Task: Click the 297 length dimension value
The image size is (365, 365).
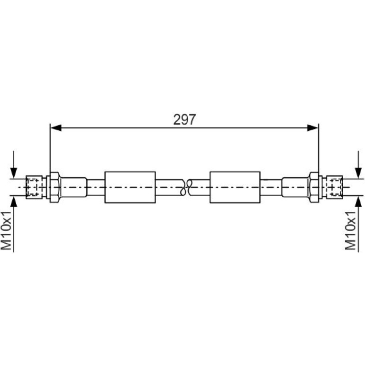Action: (x=184, y=119)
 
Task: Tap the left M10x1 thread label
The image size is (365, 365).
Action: (x=6, y=231)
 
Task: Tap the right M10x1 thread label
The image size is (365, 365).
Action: (x=350, y=231)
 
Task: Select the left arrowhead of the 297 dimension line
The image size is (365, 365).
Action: (x=56, y=128)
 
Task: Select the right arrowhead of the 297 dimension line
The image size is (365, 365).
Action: (x=312, y=128)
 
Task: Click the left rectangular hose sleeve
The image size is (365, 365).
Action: (x=130, y=187)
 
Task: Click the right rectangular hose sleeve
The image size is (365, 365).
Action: (x=235, y=187)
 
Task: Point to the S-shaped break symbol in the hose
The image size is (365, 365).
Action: (x=185, y=187)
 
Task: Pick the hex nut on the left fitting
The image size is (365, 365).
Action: (x=55, y=187)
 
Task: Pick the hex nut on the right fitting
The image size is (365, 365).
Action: (x=314, y=187)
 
